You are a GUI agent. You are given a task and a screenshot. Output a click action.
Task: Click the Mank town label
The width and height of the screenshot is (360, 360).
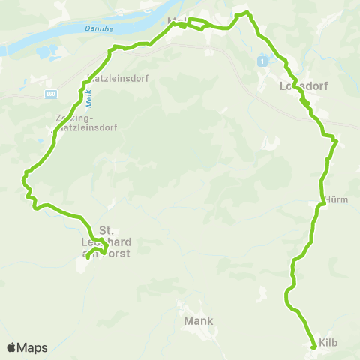point(198,320)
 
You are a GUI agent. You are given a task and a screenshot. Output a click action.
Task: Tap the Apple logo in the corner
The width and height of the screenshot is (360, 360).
point(12,347)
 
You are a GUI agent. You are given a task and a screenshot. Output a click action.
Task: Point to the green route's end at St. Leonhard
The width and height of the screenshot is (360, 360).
point(87,257)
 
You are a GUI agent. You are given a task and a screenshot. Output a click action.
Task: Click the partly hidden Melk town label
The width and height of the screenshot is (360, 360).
point(178,19)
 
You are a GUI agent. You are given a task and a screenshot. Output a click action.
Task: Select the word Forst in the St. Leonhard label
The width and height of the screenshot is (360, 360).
point(118,253)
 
